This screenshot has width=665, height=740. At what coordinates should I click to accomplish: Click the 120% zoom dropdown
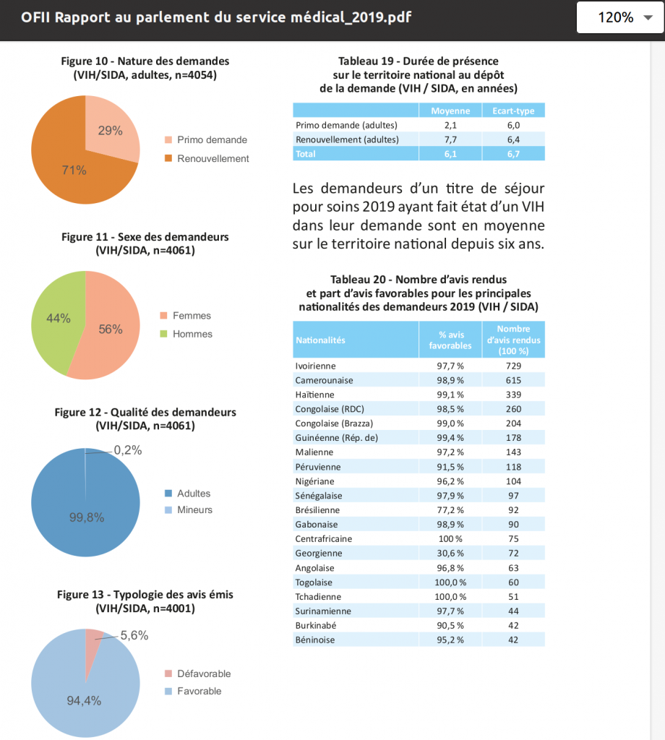tap(620, 17)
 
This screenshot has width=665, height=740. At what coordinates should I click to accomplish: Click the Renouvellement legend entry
tap(207, 158)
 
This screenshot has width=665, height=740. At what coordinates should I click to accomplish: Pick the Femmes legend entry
tap(186, 315)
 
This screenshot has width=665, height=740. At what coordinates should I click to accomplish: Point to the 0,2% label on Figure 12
tap(128, 450)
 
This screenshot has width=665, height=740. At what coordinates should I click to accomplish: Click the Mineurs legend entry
tap(189, 509)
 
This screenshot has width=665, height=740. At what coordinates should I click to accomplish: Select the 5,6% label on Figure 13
tap(134, 635)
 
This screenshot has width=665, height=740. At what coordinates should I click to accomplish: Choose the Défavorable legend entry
tap(198, 674)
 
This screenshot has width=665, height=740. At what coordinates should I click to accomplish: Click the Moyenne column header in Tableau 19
tap(450, 111)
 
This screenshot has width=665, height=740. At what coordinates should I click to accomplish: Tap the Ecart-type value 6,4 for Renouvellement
tap(513, 139)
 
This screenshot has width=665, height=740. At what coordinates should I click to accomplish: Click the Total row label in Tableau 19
tap(305, 154)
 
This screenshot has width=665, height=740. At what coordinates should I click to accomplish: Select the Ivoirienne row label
tap(315, 366)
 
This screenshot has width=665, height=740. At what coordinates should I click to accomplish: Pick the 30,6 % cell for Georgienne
tap(450, 553)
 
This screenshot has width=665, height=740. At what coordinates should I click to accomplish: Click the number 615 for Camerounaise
tap(513, 380)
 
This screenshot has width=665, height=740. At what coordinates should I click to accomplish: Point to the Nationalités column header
tap(320, 340)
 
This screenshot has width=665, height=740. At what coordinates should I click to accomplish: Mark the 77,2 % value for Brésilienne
tap(450, 510)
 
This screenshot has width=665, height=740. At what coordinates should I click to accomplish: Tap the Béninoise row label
tap(315, 640)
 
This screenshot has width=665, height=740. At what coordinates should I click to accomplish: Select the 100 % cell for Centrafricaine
tap(450, 539)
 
